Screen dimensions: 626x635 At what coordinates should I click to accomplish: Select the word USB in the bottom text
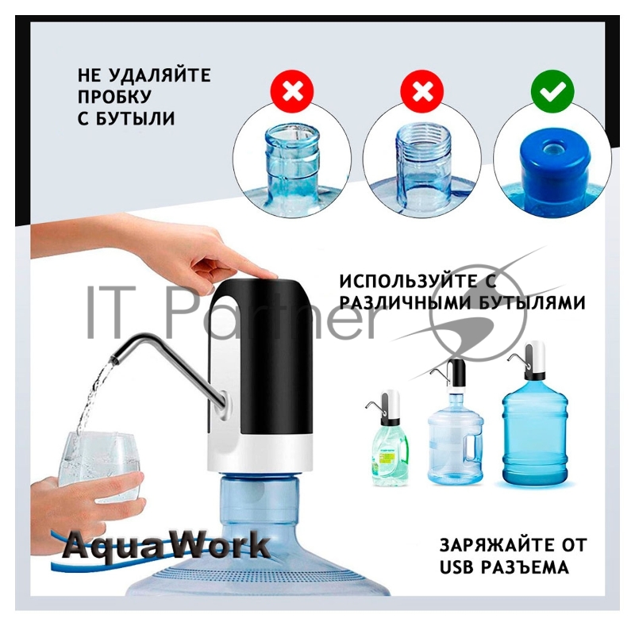click(x=458, y=567)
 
